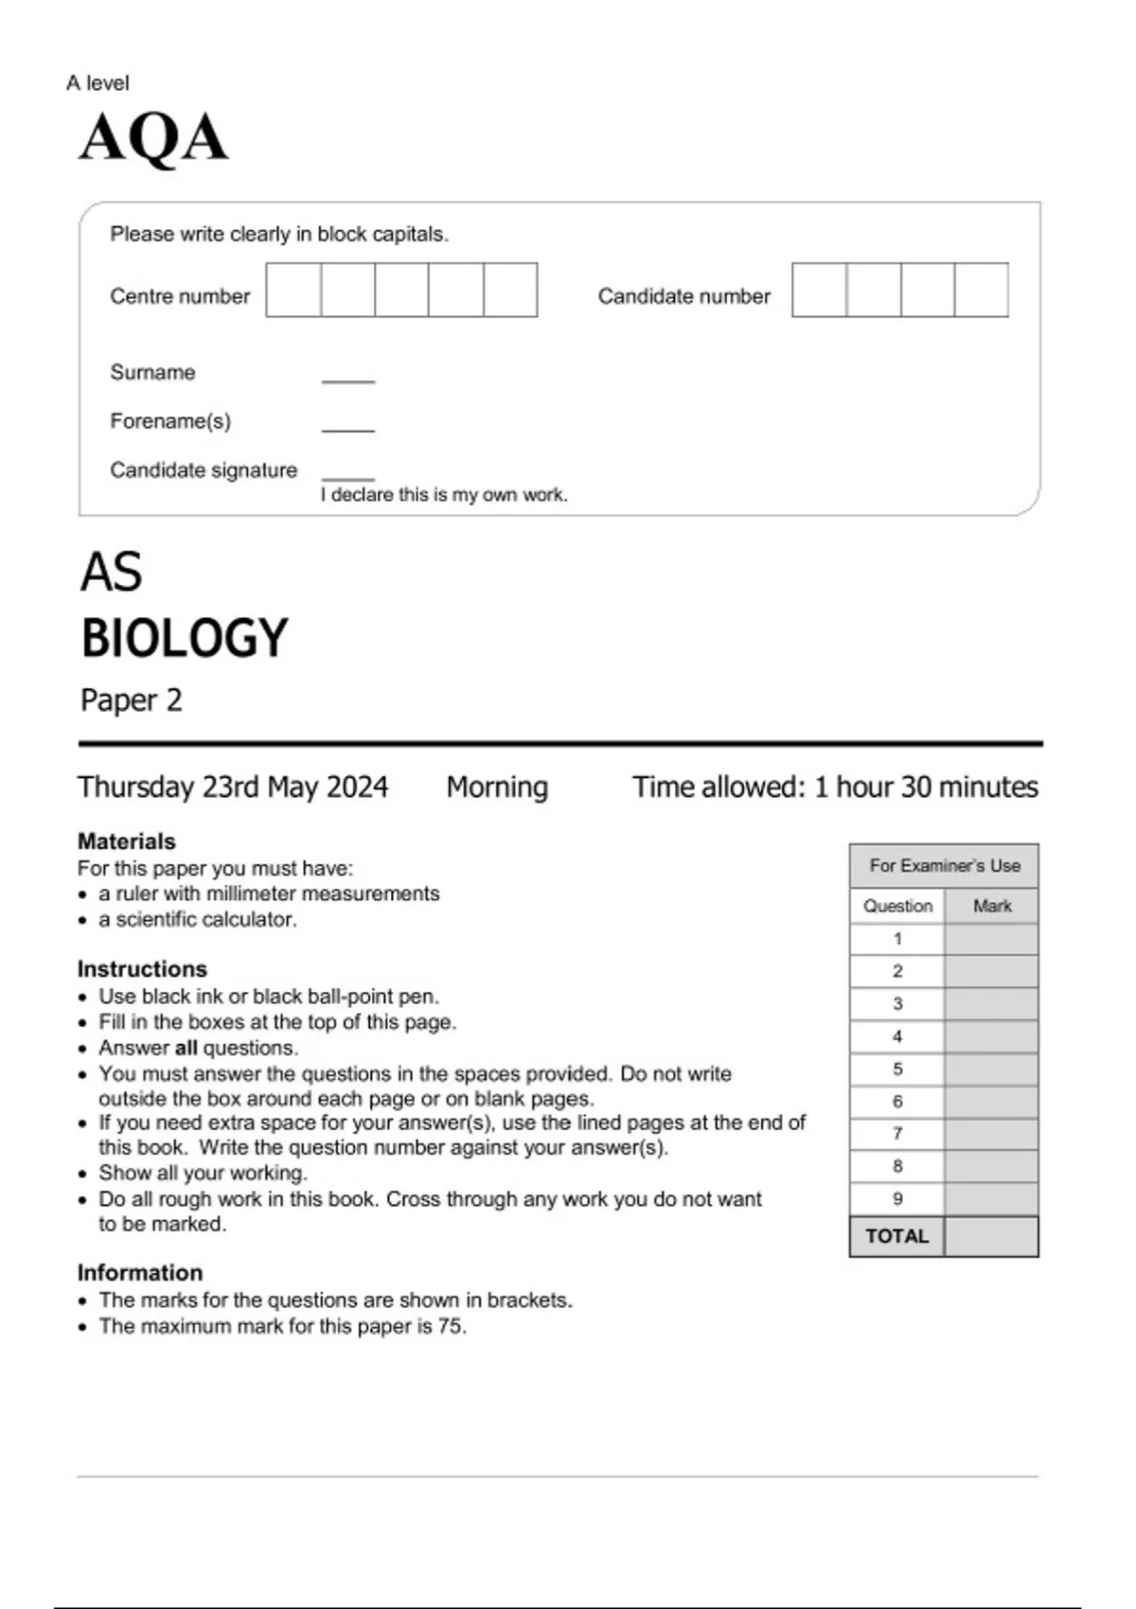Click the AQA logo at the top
pos(153,138)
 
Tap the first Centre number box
pos(293,291)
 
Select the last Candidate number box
pos(981,291)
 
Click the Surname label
pos(152,372)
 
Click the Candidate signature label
pos(204,470)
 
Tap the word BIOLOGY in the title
pos(185,638)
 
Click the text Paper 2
pos(131,700)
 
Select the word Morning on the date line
pos(497,787)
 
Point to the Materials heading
pos(126,841)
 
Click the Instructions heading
pos(142,969)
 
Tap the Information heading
pos(140,1273)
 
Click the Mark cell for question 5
pos(991,1070)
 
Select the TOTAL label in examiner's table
pos(896,1236)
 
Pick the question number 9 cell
pos(897,1199)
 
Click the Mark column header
pos(992,906)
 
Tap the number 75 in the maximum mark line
pos(451,1327)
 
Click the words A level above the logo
pos(98,83)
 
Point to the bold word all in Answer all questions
pos(186,1049)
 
